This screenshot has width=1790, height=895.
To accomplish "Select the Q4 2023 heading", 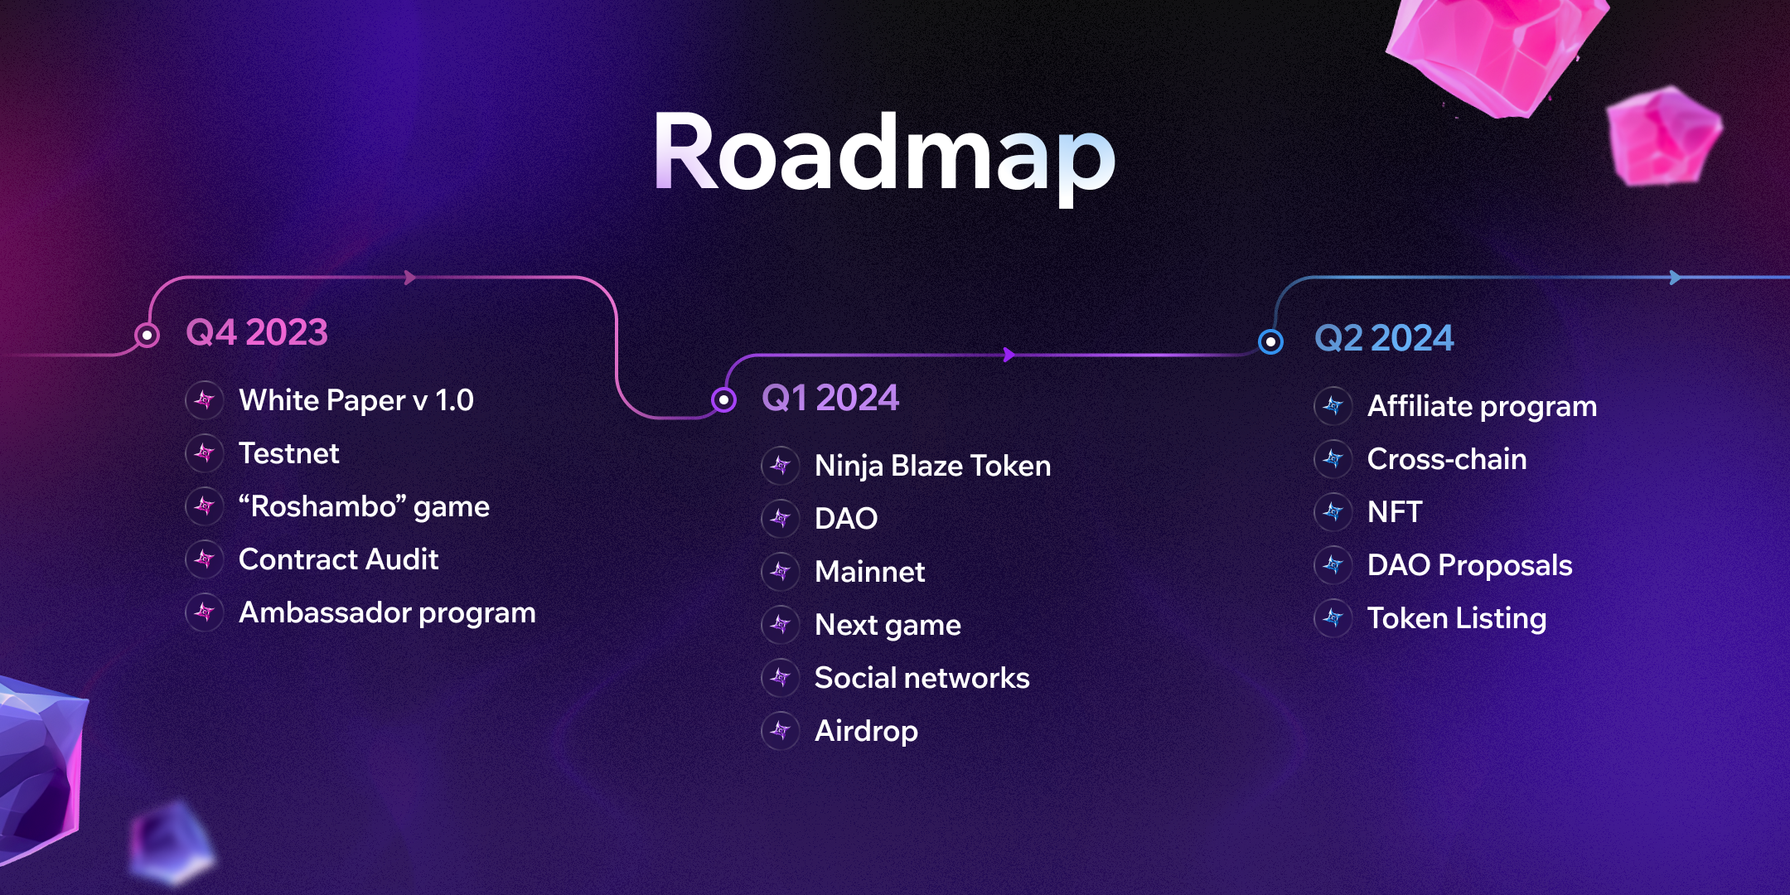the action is point(257,332).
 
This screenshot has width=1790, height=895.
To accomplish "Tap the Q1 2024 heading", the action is point(830,398).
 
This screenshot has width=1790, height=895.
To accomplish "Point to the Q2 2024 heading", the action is point(1384,338).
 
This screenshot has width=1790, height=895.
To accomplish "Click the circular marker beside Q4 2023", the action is point(147,335).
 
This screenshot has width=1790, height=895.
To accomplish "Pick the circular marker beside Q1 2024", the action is point(723,400).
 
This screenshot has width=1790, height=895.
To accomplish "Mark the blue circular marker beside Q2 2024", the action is point(1270,341).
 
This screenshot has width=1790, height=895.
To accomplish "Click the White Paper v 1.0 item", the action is point(356,400).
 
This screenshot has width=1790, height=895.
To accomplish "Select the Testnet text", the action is point(289,453).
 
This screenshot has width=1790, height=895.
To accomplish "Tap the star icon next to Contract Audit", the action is point(204,559).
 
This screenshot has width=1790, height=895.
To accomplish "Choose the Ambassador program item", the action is point(387,613).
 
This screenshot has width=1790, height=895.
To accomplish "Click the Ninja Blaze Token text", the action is point(933,467).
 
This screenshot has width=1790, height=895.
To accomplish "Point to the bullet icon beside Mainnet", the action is point(780,571).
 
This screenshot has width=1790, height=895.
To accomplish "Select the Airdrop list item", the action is point(866,731).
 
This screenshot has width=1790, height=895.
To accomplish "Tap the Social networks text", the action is point(922,678).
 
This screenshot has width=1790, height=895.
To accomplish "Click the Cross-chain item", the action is point(1447,459).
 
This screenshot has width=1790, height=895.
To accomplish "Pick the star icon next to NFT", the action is point(1333,512).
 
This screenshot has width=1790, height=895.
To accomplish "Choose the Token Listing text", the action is point(1457,619).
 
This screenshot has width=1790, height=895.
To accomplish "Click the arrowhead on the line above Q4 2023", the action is point(410,278).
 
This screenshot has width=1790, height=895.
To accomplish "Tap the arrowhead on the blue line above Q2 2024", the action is point(1676,278).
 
